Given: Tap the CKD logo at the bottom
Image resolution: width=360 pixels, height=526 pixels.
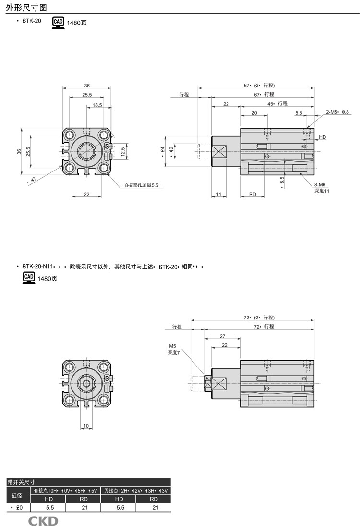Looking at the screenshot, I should tap(43, 520).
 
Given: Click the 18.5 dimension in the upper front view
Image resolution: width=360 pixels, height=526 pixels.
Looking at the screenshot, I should tap(97, 105).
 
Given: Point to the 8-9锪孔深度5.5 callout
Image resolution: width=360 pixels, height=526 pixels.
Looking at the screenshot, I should tap(142, 185).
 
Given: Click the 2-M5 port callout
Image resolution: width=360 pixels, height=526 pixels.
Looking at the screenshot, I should tap(337, 112).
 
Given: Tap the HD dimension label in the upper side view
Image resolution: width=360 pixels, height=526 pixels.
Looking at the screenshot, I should tap(322, 137).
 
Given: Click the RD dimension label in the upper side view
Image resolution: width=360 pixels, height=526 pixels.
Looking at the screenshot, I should tap(252, 194).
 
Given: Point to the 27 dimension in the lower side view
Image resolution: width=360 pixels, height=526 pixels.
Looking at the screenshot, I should tap(222, 336).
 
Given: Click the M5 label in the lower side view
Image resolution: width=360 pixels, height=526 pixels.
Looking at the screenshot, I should tap(172, 346).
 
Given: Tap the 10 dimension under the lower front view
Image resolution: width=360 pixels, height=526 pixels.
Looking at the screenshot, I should tap(86, 426).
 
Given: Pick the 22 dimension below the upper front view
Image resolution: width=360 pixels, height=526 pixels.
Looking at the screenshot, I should tap(86, 194).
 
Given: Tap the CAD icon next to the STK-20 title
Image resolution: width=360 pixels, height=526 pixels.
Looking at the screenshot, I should tap(58, 22).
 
